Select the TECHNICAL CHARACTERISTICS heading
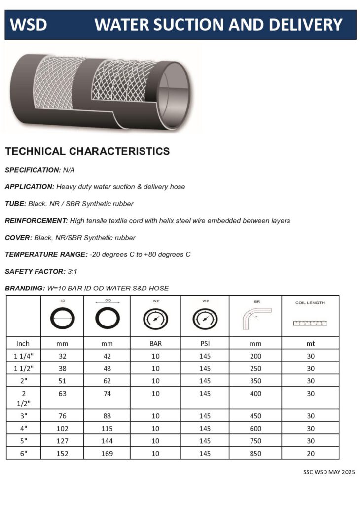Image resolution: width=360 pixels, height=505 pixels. point(87,151)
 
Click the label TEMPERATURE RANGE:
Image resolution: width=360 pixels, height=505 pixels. point(46,254)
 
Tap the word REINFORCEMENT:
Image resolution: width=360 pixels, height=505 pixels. point(36,220)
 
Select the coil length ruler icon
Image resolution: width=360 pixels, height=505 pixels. point(310,324)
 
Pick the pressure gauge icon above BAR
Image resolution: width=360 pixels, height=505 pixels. point(155,320)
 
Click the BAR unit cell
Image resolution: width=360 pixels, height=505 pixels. point(155,343)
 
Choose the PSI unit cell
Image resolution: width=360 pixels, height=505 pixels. point(205,343)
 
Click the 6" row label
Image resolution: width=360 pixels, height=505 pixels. point(23,453)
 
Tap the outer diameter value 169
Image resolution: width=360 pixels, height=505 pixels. point(107,453)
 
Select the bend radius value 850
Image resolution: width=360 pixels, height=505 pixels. point(256,453)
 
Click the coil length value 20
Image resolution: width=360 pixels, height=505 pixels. point(310,453)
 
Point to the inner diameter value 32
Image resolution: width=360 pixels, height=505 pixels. point(63,356)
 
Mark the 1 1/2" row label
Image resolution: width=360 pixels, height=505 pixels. point(23,368)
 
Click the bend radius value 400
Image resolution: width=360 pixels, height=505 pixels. point(256,394)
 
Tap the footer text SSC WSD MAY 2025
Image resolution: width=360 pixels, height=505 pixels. point(329,472)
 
